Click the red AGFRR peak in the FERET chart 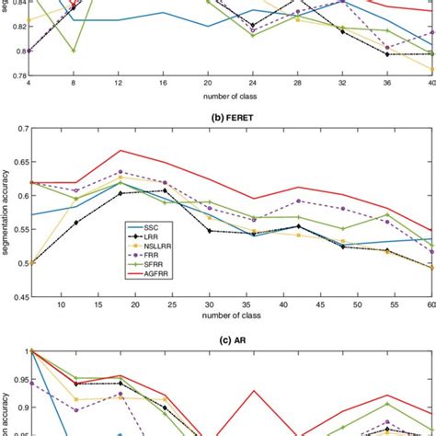click(x=120, y=150)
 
